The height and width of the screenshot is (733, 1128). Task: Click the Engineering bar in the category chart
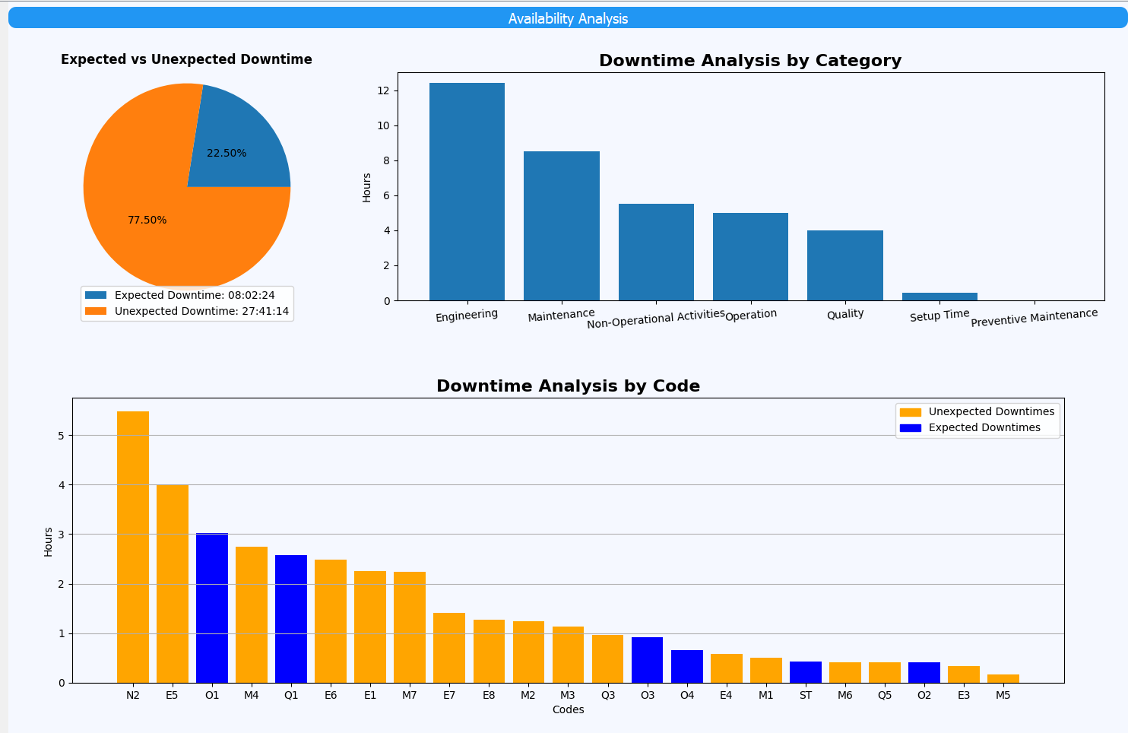click(x=467, y=192)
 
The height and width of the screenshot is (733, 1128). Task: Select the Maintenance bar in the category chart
click(x=561, y=226)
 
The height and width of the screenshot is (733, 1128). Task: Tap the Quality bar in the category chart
click(x=844, y=265)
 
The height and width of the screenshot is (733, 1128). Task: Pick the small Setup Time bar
click(x=939, y=297)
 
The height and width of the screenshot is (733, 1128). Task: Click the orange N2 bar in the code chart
click(x=133, y=547)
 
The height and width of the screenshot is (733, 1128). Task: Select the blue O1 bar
click(x=212, y=608)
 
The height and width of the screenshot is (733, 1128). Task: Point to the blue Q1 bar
click(x=291, y=619)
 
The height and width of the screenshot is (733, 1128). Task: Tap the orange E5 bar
click(x=173, y=583)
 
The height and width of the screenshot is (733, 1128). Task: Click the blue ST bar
click(x=806, y=672)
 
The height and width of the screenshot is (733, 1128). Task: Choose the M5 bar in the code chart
click(x=1003, y=678)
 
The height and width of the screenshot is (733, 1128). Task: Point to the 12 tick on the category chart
click(x=383, y=90)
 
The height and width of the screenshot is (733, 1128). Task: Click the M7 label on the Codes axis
click(x=410, y=695)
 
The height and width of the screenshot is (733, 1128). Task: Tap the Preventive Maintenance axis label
click(x=1034, y=317)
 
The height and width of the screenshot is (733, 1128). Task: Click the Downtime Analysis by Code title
click(x=568, y=386)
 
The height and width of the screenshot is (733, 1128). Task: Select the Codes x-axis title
click(x=568, y=709)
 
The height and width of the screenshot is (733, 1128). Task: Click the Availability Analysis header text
click(x=568, y=18)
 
